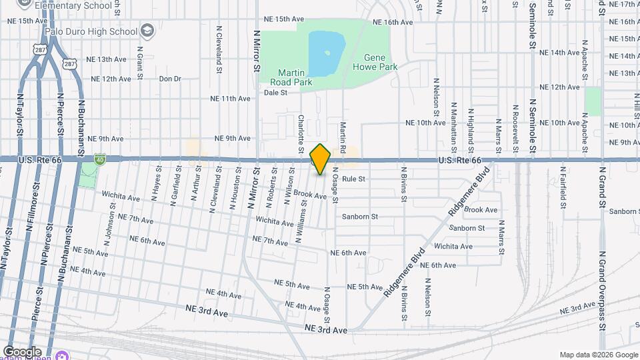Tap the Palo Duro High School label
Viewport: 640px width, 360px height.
click(90, 31)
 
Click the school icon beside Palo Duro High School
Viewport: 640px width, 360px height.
click(147, 31)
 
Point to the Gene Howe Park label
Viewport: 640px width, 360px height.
click(379, 62)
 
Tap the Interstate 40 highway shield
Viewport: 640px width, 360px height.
click(99, 160)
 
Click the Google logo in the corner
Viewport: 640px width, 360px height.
click(22, 352)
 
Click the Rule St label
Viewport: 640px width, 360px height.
click(353, 179)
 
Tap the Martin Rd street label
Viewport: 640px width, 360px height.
click(343, 135)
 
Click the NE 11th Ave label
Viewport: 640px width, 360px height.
click(230, 99)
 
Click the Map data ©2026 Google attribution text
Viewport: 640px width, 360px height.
click(597, 355)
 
